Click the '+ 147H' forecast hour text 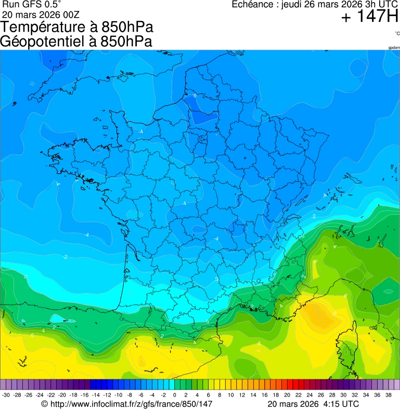[369, 17]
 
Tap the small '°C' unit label [397, 33]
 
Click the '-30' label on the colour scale [6, 395]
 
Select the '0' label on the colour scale [174, 395]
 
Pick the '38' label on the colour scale [389, 395]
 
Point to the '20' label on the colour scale [287, 395]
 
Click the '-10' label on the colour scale [118, 395]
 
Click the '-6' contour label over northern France [195, 96]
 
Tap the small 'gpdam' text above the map [394, 48]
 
